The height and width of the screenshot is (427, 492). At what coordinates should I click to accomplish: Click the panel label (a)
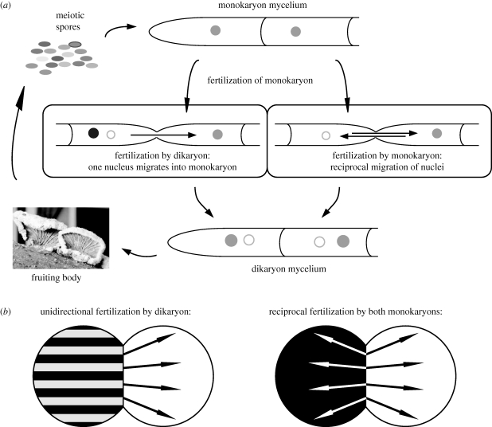click(10, 7)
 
